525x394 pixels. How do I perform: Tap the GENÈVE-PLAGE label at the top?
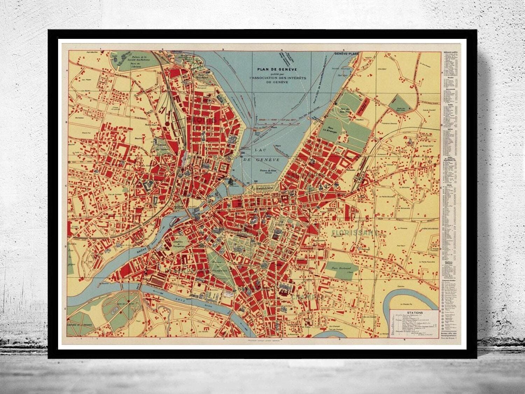(x=347, y=55)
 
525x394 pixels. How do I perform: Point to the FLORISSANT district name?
(x=353, y=231)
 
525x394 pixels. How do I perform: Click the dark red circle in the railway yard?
(x=167, y=123)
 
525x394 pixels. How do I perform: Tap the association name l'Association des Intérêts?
(x=276, y=78)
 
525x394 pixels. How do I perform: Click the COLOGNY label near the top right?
(x=382, y=69)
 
